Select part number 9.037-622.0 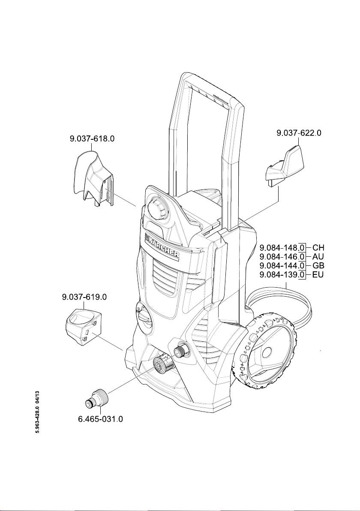(299, 133)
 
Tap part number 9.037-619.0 (84, 297)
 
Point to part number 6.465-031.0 (100, 419)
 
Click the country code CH (319, 248)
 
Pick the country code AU (318, 257)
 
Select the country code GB (319, 266)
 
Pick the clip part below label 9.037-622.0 (284, 166)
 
